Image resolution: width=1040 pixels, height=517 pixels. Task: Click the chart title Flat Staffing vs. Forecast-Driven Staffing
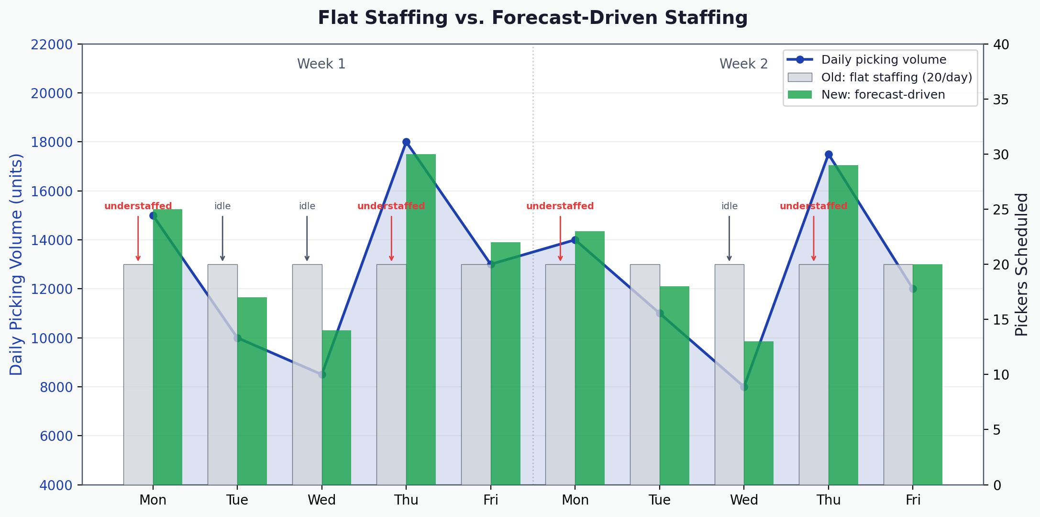532,18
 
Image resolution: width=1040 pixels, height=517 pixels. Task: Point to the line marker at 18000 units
406,142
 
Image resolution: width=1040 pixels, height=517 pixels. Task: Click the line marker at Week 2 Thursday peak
829,155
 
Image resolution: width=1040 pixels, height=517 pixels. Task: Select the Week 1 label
321,64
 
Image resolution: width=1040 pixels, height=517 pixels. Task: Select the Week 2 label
743,64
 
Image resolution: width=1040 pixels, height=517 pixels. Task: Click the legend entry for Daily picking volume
883,60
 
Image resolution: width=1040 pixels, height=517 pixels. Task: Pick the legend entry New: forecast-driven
883,95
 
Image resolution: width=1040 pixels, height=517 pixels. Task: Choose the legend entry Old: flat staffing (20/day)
896,78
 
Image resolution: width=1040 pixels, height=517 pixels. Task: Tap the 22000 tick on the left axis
52,45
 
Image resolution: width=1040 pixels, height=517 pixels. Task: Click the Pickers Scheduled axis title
1021,264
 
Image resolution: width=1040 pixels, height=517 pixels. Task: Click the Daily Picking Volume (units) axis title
16,264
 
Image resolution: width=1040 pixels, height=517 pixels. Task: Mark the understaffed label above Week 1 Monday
138,206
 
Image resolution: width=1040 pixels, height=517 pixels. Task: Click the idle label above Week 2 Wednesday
729,206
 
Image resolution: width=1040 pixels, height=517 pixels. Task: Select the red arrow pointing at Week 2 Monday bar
560,238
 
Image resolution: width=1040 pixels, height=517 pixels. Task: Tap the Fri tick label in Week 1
491,500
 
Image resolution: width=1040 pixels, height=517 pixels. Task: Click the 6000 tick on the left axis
56,436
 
